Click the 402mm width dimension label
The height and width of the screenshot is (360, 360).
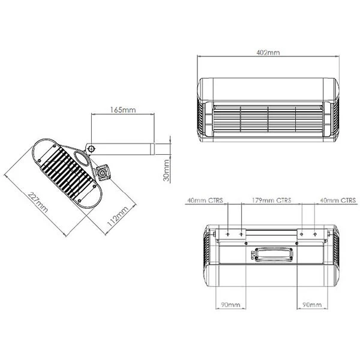coord(268,53)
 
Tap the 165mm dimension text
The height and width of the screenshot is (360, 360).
coord(123,110)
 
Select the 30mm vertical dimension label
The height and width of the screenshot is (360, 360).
coord(166,170)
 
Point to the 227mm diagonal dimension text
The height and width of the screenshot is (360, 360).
coord(38,202)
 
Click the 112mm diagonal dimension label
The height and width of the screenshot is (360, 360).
coord(118,217)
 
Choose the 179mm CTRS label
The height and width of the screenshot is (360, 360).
coord(271,200)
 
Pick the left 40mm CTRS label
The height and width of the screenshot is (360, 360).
coord(205,200)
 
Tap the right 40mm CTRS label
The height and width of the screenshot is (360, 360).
coord(338,200)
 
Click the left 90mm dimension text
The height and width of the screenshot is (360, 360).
coord(230,305)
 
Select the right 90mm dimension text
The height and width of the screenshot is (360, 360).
coord(312,305)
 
